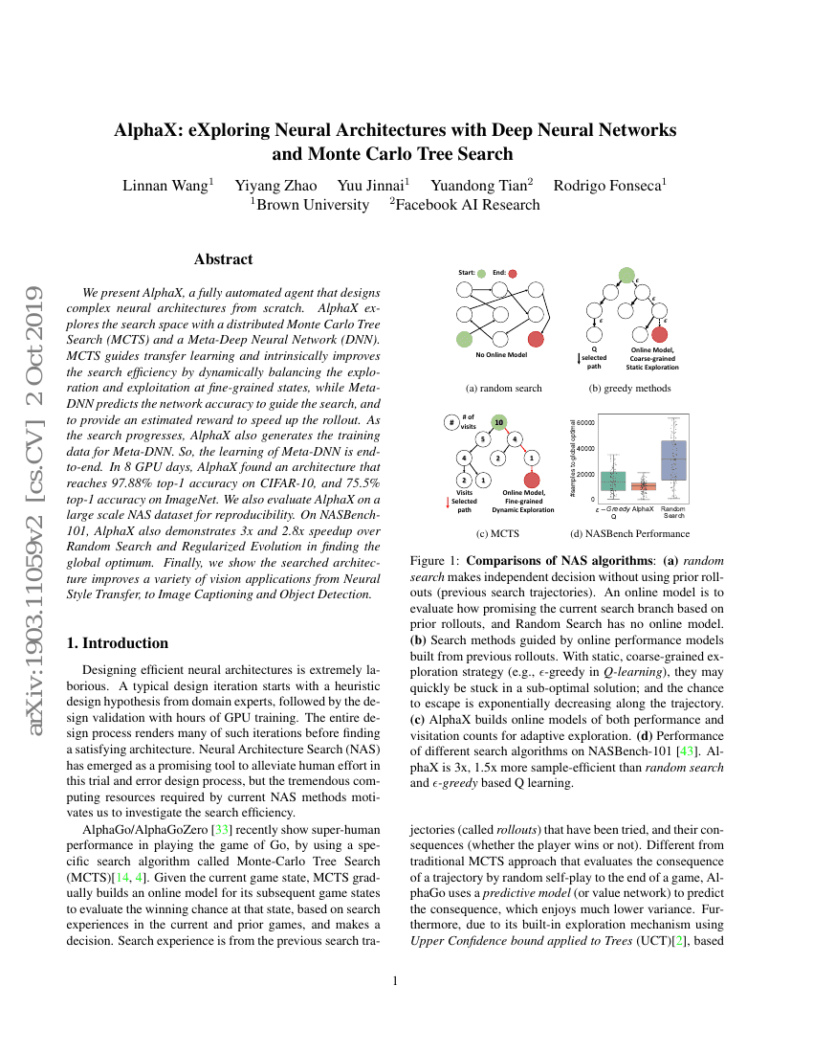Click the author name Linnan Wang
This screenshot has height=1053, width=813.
click(x=167, y=185)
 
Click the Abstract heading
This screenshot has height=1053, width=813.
click(x=223, y=259)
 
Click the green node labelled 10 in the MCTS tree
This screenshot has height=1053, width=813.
click(x=498, y=420)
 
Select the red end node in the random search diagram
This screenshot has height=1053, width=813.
click(x=536, y=338)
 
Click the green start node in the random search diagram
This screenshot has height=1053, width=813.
click(x=465, y=338)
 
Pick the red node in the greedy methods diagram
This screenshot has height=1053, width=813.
click(x=659, y=334)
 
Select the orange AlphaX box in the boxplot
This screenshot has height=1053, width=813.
click(x=643, y=486)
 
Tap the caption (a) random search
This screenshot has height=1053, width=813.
click(x=503, y=389)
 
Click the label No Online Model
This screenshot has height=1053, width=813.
click(x=502, y=355)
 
